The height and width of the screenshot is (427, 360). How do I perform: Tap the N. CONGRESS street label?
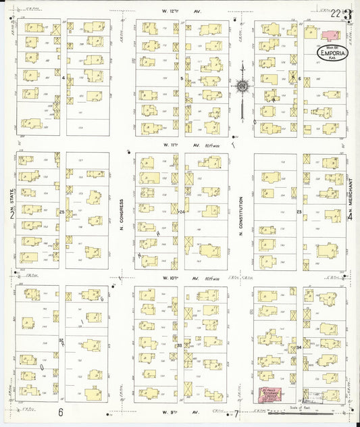(x=122, y=214)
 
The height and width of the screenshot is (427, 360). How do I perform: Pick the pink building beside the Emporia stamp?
(x=331, y=34)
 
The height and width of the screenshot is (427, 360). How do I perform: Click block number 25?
(x=61, y=212)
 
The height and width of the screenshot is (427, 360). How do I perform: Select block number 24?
(x=181, y=212)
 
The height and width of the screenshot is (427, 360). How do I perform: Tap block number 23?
(x=299, y=212)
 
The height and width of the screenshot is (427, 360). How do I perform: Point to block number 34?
(x=299, y=347)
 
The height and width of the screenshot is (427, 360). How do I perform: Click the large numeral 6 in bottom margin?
(x=60, y=412)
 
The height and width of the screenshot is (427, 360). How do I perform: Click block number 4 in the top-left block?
(x=62, y=78)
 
